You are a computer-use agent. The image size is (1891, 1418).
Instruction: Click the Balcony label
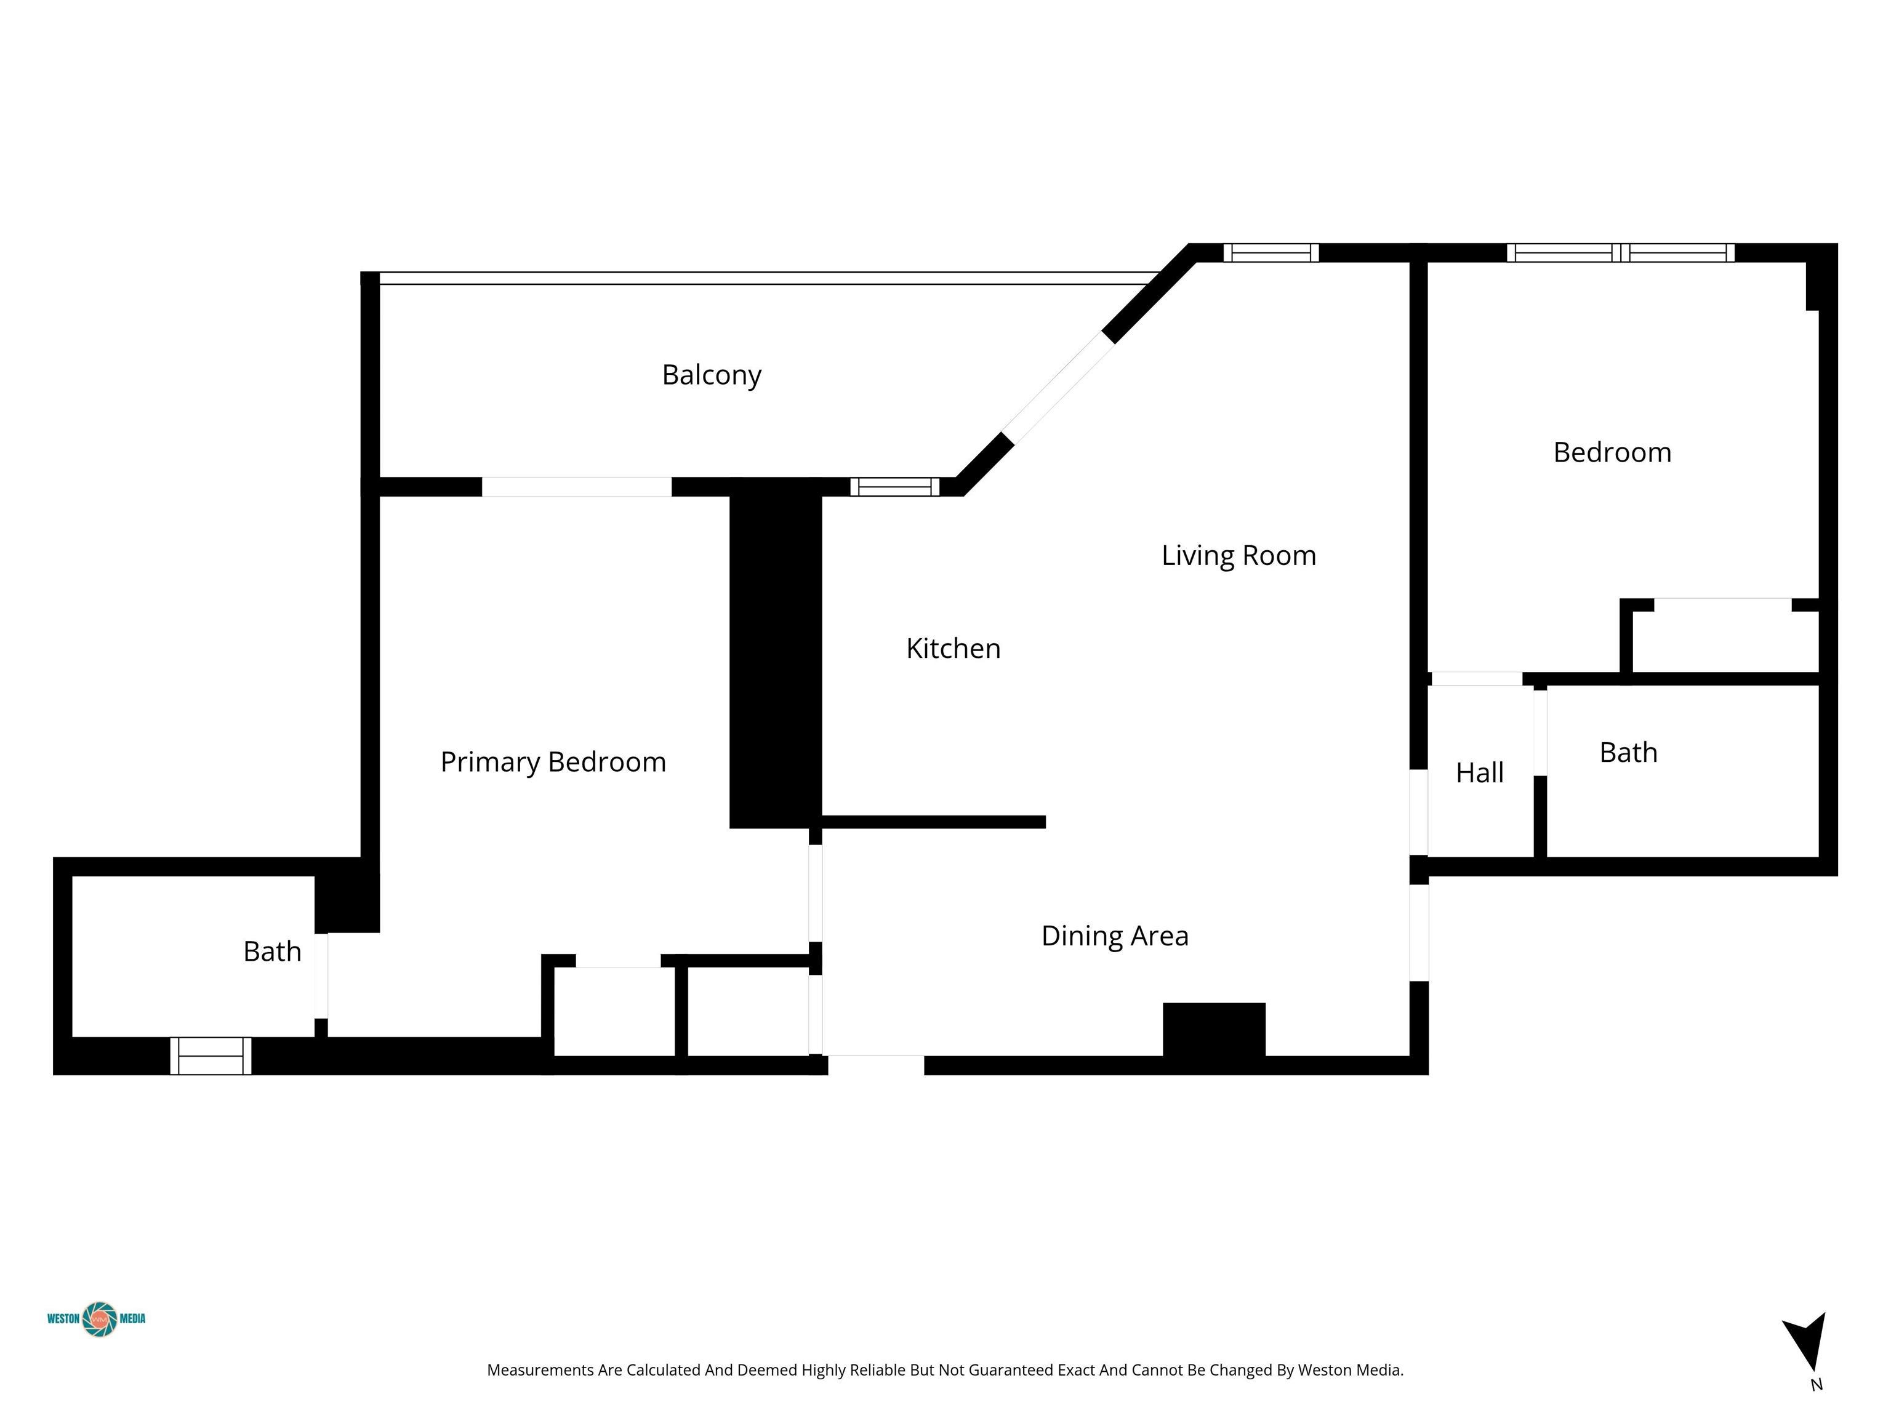point(711,375)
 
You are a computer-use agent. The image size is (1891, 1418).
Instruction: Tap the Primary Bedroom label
point(553,761)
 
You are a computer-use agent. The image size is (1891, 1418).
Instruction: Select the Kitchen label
point(953,649)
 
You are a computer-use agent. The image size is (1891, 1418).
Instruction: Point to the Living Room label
point(1239,556)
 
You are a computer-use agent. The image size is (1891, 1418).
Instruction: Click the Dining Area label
point(1115,936)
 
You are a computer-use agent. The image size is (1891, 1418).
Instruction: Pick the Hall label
point(1480,772)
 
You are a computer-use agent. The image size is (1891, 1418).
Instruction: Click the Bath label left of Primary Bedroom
point(272,951)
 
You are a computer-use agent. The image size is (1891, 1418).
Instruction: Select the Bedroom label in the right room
point(1612,452)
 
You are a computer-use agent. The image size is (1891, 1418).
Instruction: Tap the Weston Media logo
point(97,1319)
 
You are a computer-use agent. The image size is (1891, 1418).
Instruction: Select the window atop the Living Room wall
point(1271,253)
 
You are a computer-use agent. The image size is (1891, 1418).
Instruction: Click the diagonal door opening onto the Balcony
point(1058,387)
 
